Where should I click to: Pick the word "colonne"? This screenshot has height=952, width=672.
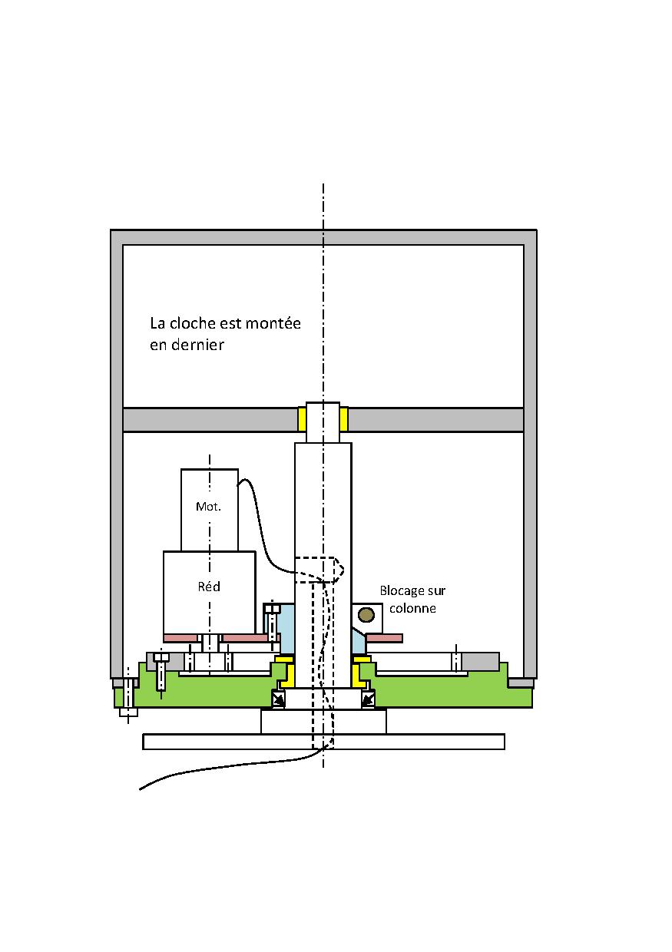tap(413, 608)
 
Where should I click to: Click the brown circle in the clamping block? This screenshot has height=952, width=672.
tap(367, 614)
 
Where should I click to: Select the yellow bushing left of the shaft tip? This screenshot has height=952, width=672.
tap(302, 419)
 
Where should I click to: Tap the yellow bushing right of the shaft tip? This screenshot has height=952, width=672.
tap(343, 419)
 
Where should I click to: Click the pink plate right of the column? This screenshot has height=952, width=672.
tap(384, 637)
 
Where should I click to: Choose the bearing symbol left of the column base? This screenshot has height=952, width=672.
tap(278, 699)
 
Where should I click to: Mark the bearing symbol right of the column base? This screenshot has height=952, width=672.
tap(368, 699)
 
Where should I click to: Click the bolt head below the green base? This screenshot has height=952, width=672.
tap(128, 712)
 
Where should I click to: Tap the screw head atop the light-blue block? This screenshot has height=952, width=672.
tap(272, 610)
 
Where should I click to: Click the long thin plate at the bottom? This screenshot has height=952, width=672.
tap(323, 742)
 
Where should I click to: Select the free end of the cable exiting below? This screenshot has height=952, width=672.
tap(141, 788)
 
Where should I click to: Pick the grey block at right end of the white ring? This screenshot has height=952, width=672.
tap(481, 661)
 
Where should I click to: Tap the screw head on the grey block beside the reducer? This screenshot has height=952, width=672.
tap(161, 657)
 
